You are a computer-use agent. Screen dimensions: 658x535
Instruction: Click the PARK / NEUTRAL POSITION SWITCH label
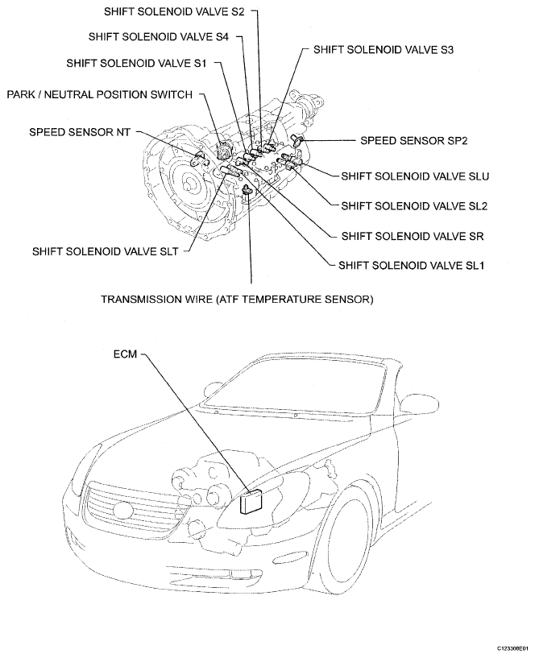tap(100, 95)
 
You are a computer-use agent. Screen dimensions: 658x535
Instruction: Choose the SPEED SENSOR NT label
tap(80, 130)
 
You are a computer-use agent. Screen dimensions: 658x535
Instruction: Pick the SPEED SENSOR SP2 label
tap(414, 139)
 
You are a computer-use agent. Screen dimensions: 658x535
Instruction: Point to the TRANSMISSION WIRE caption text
tap(237, 300)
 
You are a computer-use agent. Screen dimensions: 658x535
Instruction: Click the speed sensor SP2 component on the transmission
tap(300, 142)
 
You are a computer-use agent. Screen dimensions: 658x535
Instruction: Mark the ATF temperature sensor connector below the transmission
tap(248, 190)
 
